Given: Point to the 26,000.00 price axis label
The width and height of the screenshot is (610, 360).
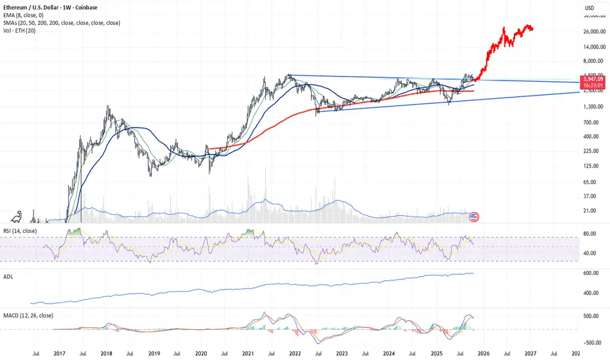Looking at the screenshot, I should pyautogui.click(x=592, y=31).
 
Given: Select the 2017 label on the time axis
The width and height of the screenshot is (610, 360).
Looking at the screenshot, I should pyautogui.click(x=60, y=354).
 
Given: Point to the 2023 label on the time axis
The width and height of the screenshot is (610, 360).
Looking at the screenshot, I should pyautogui.click(x=342, y=354).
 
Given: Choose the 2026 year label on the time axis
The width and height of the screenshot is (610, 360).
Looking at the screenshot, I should pyautogui.click(x=483, y=354).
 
